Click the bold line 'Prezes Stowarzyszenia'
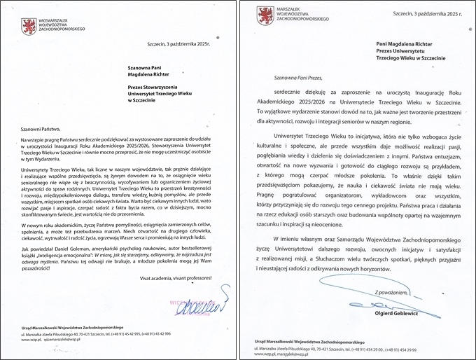tap(155, 87)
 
